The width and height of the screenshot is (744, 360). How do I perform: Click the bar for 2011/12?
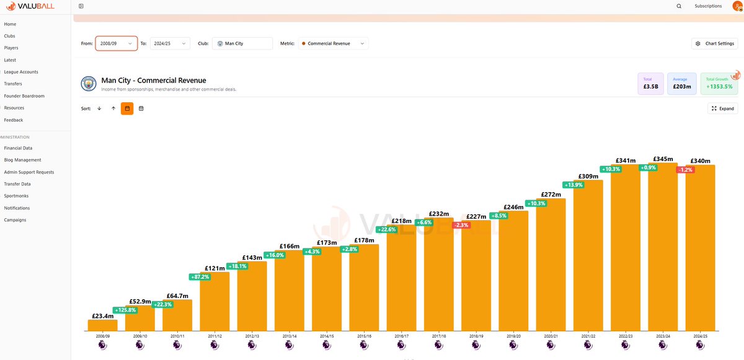(x=215, y=301)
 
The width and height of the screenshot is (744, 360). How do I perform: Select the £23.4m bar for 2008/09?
(x=103, y=325)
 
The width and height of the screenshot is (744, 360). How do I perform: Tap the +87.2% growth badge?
(x=200, y=277)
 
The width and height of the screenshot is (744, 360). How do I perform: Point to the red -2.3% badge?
(x=461, y=225)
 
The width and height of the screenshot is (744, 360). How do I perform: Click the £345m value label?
(x=663, y=159)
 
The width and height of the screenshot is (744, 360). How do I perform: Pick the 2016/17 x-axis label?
(x=402, y=336)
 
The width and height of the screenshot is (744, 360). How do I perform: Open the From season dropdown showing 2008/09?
(x=117, y=43)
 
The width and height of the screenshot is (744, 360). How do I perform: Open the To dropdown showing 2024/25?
(x=170, y=43)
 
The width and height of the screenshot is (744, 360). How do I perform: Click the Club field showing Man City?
(x=242, y=43)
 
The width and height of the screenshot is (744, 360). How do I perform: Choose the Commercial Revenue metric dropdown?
(x=333, y=43)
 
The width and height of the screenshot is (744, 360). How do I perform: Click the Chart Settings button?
(x=715, y=43)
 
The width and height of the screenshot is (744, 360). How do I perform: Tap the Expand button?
(x=723, y=108)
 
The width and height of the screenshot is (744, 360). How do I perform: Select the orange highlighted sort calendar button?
(x=127, y=108)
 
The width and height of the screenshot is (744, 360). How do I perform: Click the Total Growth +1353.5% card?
(x=719, y=84)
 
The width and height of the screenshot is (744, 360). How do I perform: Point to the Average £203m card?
(x=682, y=84)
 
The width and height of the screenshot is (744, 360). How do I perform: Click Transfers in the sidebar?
(x=13, y=84)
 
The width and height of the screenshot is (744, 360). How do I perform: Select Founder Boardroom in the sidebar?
(x=24, y=96)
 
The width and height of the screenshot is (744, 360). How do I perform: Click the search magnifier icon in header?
(x=679, y=6)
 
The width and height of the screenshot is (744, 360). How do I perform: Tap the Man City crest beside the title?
(x=89, y=84)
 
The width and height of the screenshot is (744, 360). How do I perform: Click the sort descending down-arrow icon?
(x=99, y=108)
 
